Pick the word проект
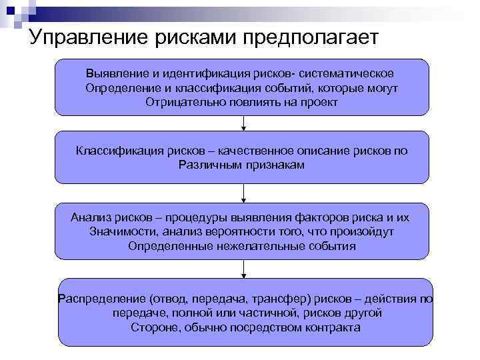pos(319,103)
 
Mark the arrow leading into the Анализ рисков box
pos(244,194)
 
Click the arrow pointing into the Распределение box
pos(244,269)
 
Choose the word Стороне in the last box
pos(153,327)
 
